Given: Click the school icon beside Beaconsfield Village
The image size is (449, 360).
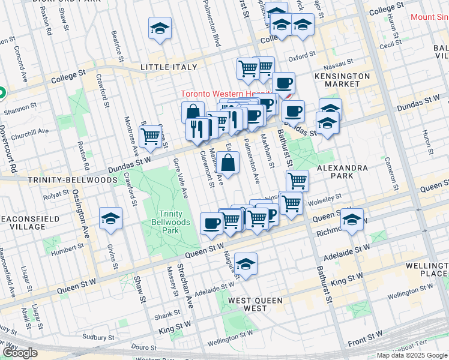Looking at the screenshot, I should click(x=110, y=220).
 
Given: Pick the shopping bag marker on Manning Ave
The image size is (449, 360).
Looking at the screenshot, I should click(x=228, y=163).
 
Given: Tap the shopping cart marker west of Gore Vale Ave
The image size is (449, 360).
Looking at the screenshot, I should click(x=150, y=136).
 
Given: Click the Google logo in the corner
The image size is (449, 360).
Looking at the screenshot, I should click(x=20, y=353).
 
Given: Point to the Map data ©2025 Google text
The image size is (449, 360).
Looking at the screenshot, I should click(x=412, y=355).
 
